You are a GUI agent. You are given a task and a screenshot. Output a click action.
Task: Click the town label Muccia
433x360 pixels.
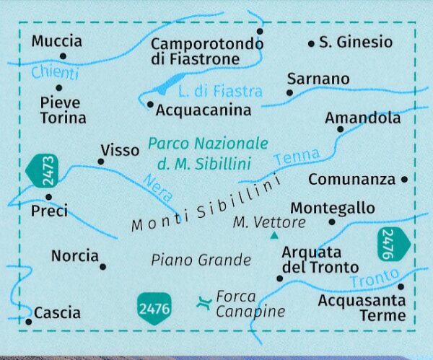57,41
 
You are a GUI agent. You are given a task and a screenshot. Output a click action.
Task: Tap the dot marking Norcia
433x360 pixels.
102,267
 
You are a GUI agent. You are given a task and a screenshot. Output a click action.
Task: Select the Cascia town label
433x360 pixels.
56,313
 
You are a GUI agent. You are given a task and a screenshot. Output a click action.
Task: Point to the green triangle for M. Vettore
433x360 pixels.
274,236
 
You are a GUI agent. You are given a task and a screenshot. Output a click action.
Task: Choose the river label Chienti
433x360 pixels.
54,74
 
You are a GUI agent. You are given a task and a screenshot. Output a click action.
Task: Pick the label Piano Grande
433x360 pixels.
201,260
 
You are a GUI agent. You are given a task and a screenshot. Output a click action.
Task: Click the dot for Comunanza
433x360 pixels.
404,179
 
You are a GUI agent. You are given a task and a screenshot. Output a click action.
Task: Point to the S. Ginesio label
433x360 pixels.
356,42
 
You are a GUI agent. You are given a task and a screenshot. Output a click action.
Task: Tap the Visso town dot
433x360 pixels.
100,162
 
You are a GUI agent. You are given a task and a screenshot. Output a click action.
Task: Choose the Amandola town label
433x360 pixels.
362,117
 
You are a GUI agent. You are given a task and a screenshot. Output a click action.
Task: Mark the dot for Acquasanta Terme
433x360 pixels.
401,286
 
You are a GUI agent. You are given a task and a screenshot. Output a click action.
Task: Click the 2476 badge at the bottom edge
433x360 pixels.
153,308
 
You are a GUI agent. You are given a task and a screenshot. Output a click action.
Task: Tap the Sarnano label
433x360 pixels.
318,79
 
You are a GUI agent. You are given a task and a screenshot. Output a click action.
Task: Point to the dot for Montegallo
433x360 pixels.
331,222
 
